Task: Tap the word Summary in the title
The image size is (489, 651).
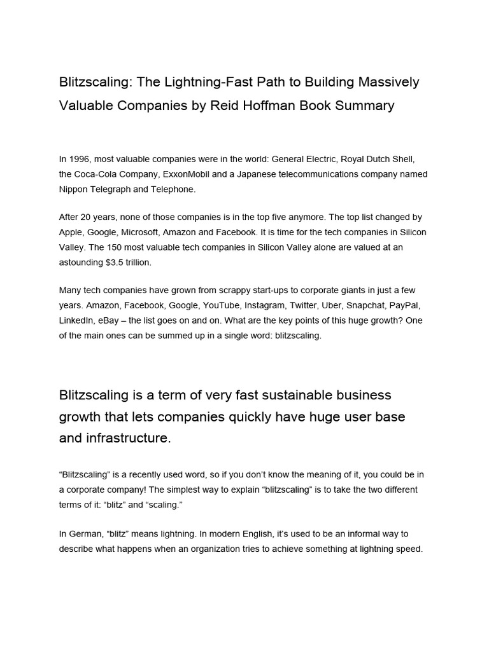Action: [364, 106]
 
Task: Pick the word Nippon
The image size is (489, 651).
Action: [74, 189]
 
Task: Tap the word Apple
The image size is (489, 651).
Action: [72, 232]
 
